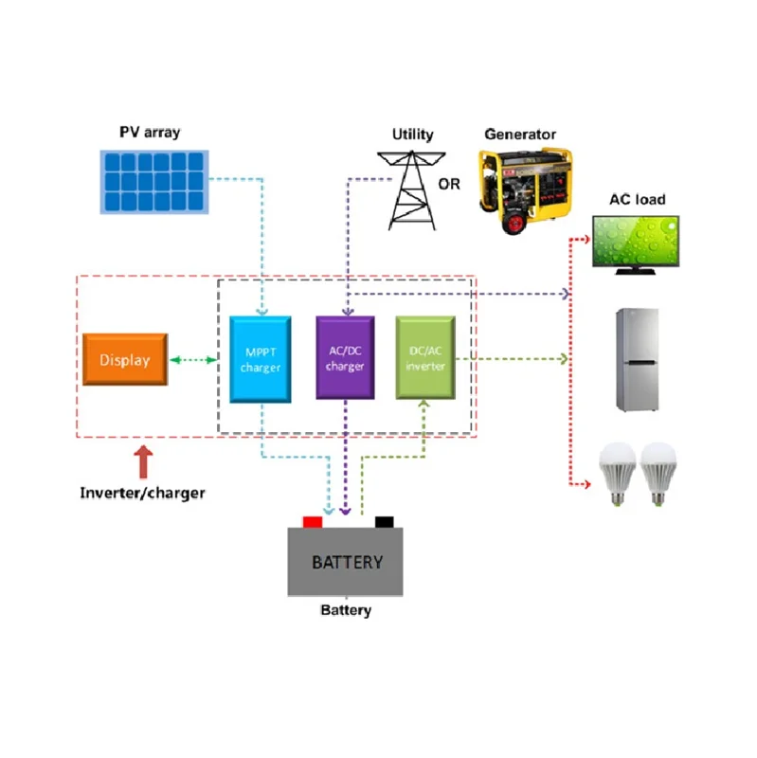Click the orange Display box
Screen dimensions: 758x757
[x=125, y=359]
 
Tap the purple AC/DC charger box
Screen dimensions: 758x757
[x=345, y=357]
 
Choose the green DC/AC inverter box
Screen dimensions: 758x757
[x=425, y=357]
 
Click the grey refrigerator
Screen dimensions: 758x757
[x=638, y=359]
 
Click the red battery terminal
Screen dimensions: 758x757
[x=312, y=521]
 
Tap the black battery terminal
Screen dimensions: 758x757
[x=384, y=521]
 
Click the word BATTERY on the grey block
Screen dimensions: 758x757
[x=347, y=562]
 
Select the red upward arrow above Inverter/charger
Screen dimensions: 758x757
[x=143, y=461]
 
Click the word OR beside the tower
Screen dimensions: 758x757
[x=449, y=184]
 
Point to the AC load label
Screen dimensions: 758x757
[x=634, y=199]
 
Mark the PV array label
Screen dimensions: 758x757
[x=149, y=132]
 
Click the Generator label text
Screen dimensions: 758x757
[x=519, y=135]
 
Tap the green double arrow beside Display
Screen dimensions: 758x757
[x=198, y=359]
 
